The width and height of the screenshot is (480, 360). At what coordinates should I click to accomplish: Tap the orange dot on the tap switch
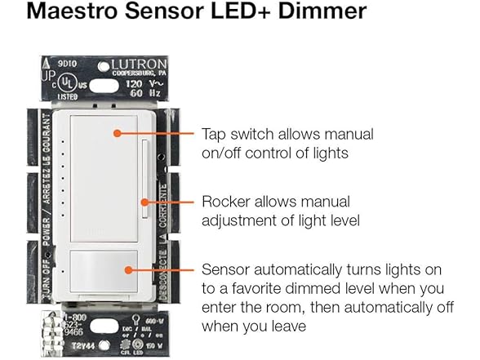pos(118,131)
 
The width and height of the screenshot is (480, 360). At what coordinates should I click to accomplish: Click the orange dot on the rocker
pos(144,201)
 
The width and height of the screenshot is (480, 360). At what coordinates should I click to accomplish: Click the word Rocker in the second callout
pos(220,201)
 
